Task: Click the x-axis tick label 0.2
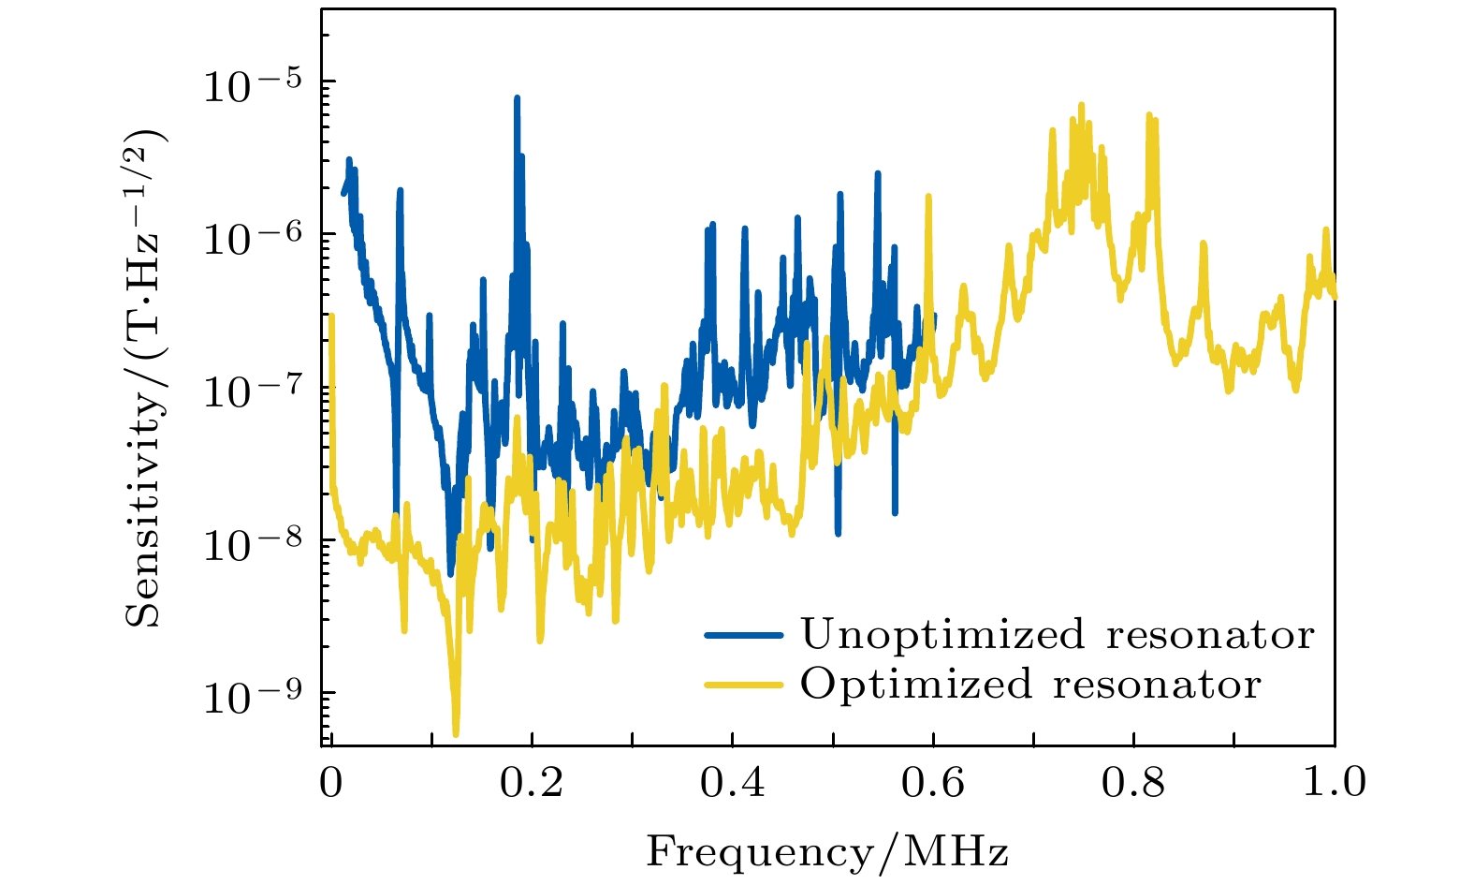531,783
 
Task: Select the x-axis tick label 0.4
732,783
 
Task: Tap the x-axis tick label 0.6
932,783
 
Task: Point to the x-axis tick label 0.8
1132,783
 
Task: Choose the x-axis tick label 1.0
1333,783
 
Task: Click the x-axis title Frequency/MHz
827,852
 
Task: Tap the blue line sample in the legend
744,634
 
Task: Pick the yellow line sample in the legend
744,684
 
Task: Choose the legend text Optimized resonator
1030,684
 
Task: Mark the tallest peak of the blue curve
517,97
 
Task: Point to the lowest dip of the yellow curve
456,733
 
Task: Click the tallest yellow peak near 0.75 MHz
1081,105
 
